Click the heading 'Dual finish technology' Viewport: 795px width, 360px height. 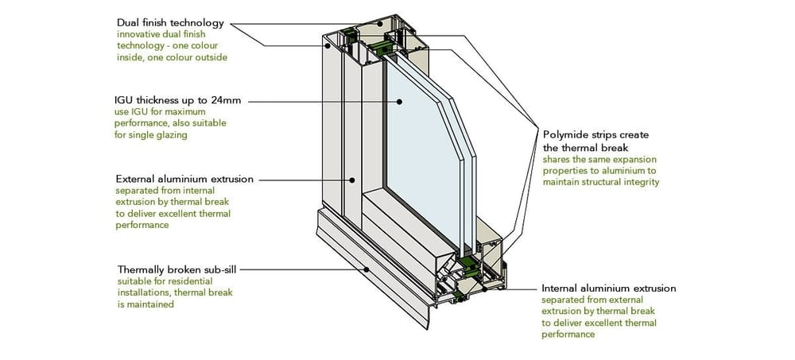170,23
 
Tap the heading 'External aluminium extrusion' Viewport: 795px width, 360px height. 184,179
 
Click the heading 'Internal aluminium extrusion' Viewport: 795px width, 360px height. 608,288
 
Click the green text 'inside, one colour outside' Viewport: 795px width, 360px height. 172,57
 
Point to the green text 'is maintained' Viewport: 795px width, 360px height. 145,304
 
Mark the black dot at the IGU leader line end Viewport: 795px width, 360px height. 400,101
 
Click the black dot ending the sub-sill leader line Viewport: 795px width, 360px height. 366,269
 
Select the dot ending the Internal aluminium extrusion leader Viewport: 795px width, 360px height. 510,288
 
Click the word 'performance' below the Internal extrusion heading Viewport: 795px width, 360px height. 568,335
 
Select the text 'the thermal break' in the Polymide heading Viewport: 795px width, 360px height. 585,148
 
